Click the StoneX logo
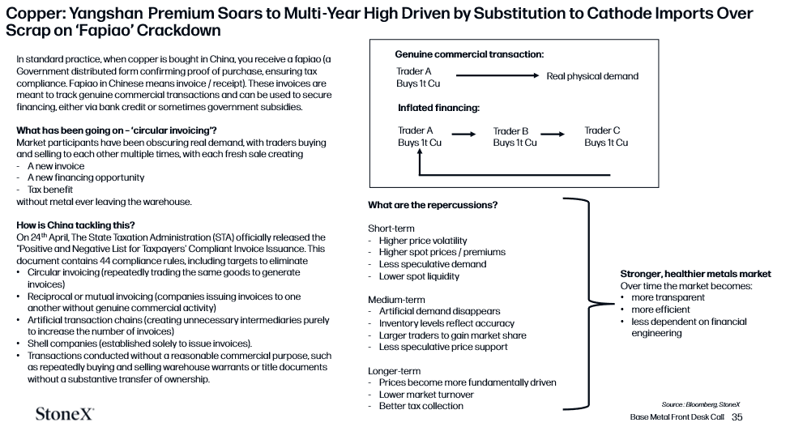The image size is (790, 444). pos(65,414)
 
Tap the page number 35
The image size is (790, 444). pos(737,416)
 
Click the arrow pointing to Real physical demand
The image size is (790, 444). pos(497,75)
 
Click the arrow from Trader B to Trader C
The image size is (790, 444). pos(553,134)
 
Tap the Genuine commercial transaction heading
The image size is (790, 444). pos(469,54)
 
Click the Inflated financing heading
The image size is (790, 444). pos(438,108)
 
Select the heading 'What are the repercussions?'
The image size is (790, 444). pos(433,205)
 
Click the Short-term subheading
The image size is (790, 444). pos(391,228)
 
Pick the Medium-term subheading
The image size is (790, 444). pos(396,300)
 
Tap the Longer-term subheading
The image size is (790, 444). pos(394,371)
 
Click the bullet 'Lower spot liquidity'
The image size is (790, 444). pos(419,276)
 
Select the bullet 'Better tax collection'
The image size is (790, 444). pos(421,406)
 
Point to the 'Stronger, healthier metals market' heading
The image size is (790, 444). pos(695,274)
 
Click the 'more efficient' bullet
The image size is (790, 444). pos(660,310)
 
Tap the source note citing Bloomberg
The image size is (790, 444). pos(701,404)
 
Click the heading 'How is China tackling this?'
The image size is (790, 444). pos(75,225)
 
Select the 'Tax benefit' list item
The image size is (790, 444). pos(50,190)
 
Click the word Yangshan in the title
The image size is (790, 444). pos(106,14)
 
